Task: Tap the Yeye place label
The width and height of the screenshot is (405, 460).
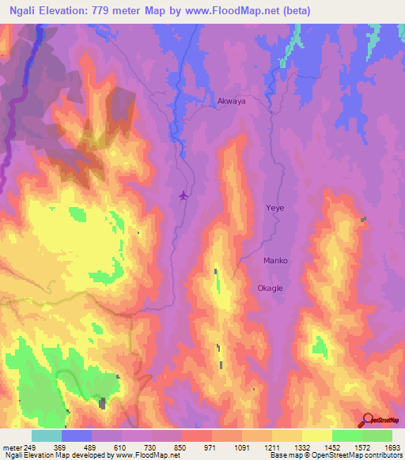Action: [274, 208]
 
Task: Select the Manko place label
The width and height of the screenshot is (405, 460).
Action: [275, 260]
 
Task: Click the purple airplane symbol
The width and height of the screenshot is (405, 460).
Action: [185, 194]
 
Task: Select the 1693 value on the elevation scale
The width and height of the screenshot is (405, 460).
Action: [393, 448]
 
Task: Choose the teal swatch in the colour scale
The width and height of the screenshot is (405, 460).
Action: [46, 435]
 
